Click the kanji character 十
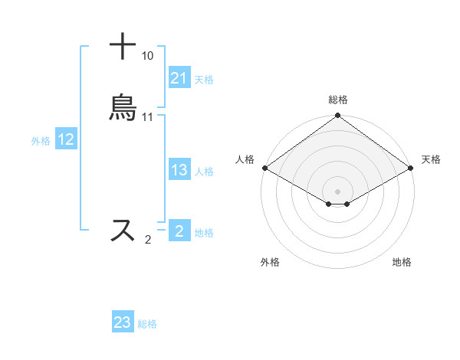tap(123, 47)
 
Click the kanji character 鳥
tap(123, 108)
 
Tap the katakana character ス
tap(123, 231)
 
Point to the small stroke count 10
tap(147, 56)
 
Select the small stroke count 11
tap(147, 117)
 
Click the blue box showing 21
tap(179, 78)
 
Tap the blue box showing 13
tap(179, 171)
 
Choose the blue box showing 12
tap(66, 140)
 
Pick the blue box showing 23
tap(123, 322)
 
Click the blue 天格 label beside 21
tap(204, 80)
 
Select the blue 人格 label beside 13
tap(204, 172)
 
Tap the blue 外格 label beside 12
tap(41, 141)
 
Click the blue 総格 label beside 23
tap(147, 324)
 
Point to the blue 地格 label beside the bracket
tap(204, 233)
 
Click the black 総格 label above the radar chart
tap(338, 100)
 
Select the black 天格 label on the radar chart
tap(431, 159)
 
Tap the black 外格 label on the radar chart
tap(270, 262)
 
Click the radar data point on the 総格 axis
tap(338, 116)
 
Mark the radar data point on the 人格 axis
tap(264, 168)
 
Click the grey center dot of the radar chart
tap(338, 190)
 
